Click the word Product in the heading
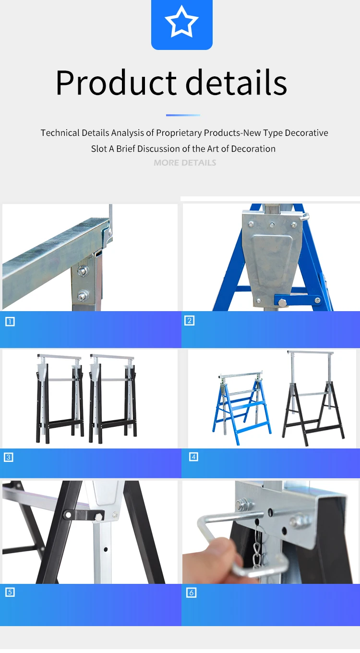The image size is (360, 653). coord(116,83)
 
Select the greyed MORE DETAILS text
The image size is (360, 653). coord(185,163)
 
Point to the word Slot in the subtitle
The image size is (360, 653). coord(99,149)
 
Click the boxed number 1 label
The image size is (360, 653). coord(10,322)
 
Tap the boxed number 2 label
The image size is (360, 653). coord(190,321)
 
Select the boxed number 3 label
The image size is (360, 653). coord(9,457)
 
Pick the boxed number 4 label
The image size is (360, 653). coord(193,457)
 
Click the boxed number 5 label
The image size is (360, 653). coord(10,592)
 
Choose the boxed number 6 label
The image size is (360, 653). coord(191,593)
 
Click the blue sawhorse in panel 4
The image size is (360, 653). coord(241,408)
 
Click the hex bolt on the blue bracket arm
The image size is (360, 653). coord(282,302)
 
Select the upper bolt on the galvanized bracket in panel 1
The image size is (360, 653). coord(83,271)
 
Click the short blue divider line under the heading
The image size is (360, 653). coord(183,115)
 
